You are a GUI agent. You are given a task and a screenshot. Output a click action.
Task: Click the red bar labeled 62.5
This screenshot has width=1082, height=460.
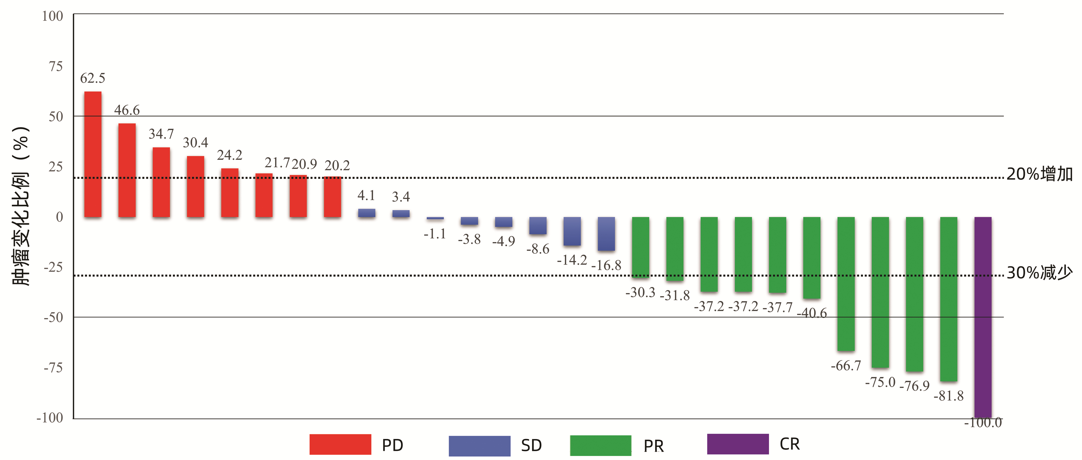click(x=93, y=154)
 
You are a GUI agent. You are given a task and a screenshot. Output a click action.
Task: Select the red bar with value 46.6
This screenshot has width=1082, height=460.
click(x=127, y=170)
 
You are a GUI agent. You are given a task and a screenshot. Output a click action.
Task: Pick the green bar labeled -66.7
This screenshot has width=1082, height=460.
click(x=846, y=284)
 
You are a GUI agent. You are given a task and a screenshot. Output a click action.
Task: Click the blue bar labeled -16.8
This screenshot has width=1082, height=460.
click(x=606, y=234)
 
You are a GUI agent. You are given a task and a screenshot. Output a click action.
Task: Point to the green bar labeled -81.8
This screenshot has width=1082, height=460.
click(x=949, y=299)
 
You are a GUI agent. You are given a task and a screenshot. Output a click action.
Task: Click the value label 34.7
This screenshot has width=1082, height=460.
click(x=161, y=134)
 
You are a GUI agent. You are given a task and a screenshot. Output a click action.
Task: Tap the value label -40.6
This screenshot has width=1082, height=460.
click(x=812, y=313)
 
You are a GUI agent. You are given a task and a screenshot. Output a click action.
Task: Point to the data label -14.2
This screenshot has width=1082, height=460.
click(x=572, y=260)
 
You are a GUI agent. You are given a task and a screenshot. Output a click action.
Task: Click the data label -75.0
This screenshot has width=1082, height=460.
click(x=880, y=382)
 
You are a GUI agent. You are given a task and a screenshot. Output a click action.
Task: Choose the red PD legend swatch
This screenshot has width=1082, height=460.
click(x=340, y=444)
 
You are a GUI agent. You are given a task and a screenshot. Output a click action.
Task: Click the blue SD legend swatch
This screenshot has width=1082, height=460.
click(x=479, y=446)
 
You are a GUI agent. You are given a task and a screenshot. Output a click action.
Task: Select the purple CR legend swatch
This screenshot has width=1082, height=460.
click(x=738, y=444)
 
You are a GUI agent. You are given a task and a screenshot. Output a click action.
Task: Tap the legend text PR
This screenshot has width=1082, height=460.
click(x=654, y=446)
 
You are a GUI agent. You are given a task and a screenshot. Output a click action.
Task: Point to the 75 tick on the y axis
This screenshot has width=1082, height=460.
click(x=56, y=66)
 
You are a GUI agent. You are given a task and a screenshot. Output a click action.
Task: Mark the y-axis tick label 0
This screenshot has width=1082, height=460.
click(x=60, y=217)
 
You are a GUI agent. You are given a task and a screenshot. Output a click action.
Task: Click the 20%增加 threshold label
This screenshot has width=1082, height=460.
click(x=1040, y=174)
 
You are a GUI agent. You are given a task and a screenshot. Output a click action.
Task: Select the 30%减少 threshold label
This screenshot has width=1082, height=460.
click(x=1040, y=273)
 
